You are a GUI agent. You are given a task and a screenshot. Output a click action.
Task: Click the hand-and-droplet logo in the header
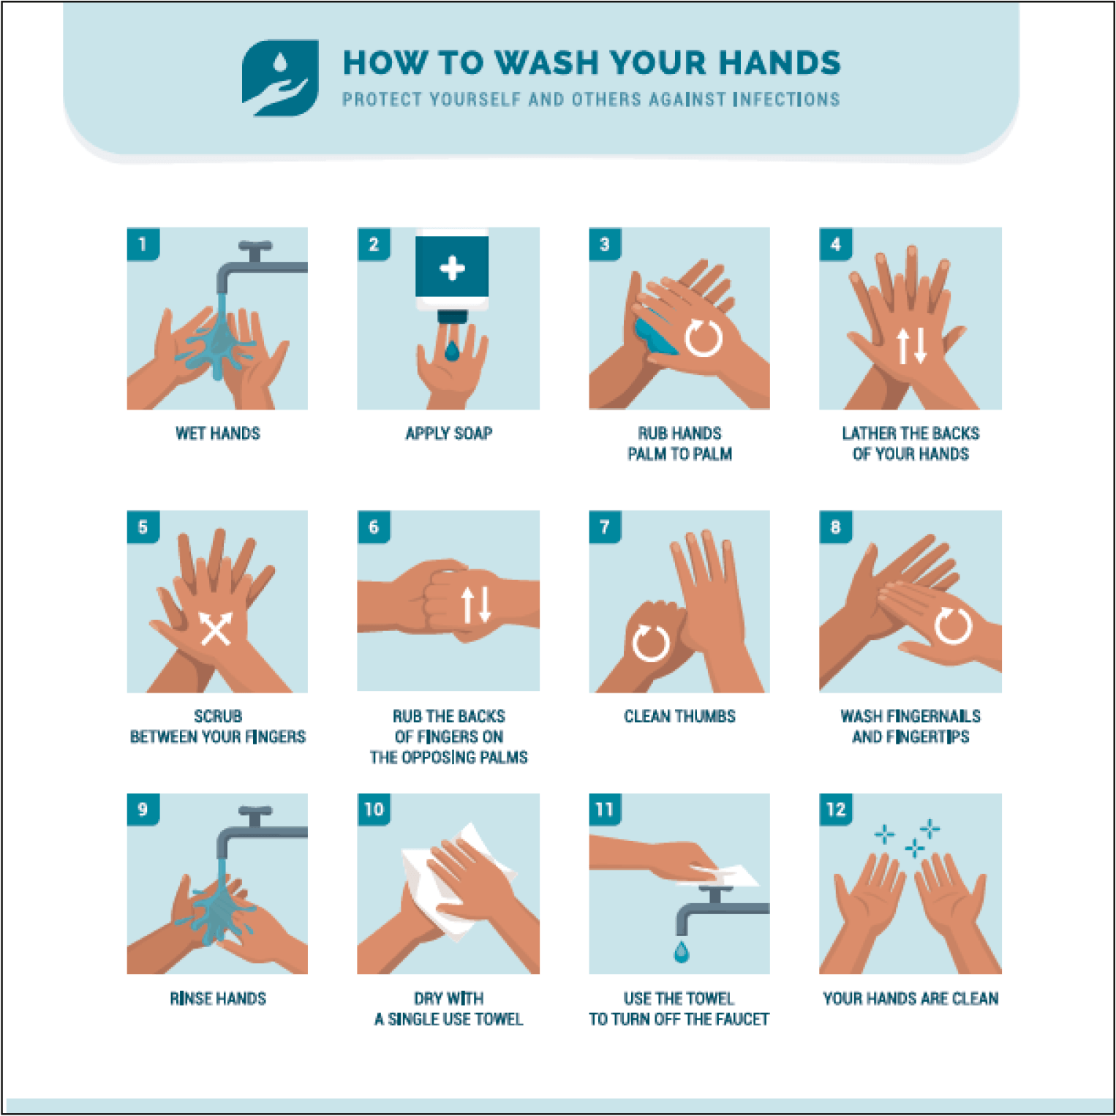280,78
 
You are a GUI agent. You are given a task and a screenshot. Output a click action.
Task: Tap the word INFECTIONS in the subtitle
787,99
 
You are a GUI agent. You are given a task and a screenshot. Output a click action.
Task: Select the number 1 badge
143,244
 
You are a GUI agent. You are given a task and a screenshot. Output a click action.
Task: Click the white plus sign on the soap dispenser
452,268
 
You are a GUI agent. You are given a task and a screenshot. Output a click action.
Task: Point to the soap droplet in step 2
452,351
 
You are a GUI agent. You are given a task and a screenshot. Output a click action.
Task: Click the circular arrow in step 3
704,338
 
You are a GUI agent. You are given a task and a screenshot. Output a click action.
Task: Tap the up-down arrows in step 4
911,345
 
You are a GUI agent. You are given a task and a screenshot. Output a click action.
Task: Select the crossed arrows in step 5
216,628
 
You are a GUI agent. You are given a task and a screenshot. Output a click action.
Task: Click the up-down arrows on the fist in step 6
476,605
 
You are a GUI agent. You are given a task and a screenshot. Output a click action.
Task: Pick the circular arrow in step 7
651,643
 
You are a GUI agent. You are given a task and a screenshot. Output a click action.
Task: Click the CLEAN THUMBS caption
679,716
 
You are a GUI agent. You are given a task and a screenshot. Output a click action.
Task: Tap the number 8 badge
836,527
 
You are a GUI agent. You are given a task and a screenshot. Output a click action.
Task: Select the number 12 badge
836,810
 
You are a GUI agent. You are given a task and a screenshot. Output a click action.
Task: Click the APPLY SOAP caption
448,434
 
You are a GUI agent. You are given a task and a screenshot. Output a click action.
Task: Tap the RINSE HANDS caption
218,998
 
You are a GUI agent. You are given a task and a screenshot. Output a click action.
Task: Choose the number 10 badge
374,810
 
